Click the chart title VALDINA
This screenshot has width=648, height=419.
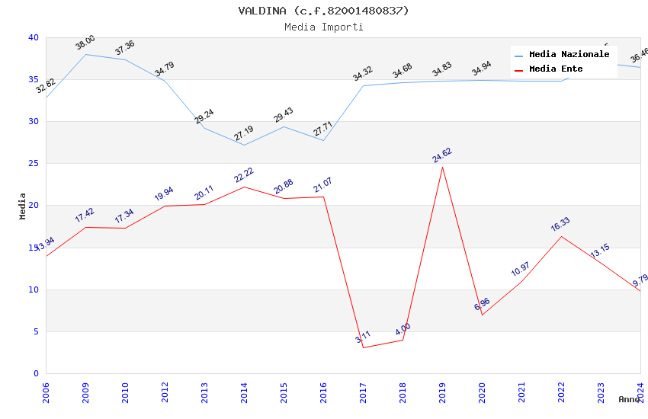click(x=323, y=11)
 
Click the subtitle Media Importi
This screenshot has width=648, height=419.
click(x=323, y=27)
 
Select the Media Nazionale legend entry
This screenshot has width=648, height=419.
click(x=569, y=55)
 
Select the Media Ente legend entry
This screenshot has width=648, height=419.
click(x=556, y=69)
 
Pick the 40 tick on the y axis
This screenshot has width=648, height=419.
click(x=34, y=38)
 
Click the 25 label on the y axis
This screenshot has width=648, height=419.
click(x=34, y=164)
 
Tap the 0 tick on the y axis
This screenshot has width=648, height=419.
click(x=36, y=373)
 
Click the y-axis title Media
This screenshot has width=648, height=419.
click(x=23, y=206)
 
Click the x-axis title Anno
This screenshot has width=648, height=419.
click(x=629, y=399)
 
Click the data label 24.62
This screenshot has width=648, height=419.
click(x=442, y=155)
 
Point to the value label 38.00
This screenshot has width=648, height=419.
click(x=85, y=43)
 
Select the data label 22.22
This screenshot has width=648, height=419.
click(x=244, y=175)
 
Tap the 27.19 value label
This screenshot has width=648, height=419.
click(x=244, y=135)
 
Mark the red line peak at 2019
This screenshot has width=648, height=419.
click(x=442, y=167)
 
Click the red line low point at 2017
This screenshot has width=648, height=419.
click(x=363, y=347)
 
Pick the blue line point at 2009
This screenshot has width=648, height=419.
click(x=85, y=54)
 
